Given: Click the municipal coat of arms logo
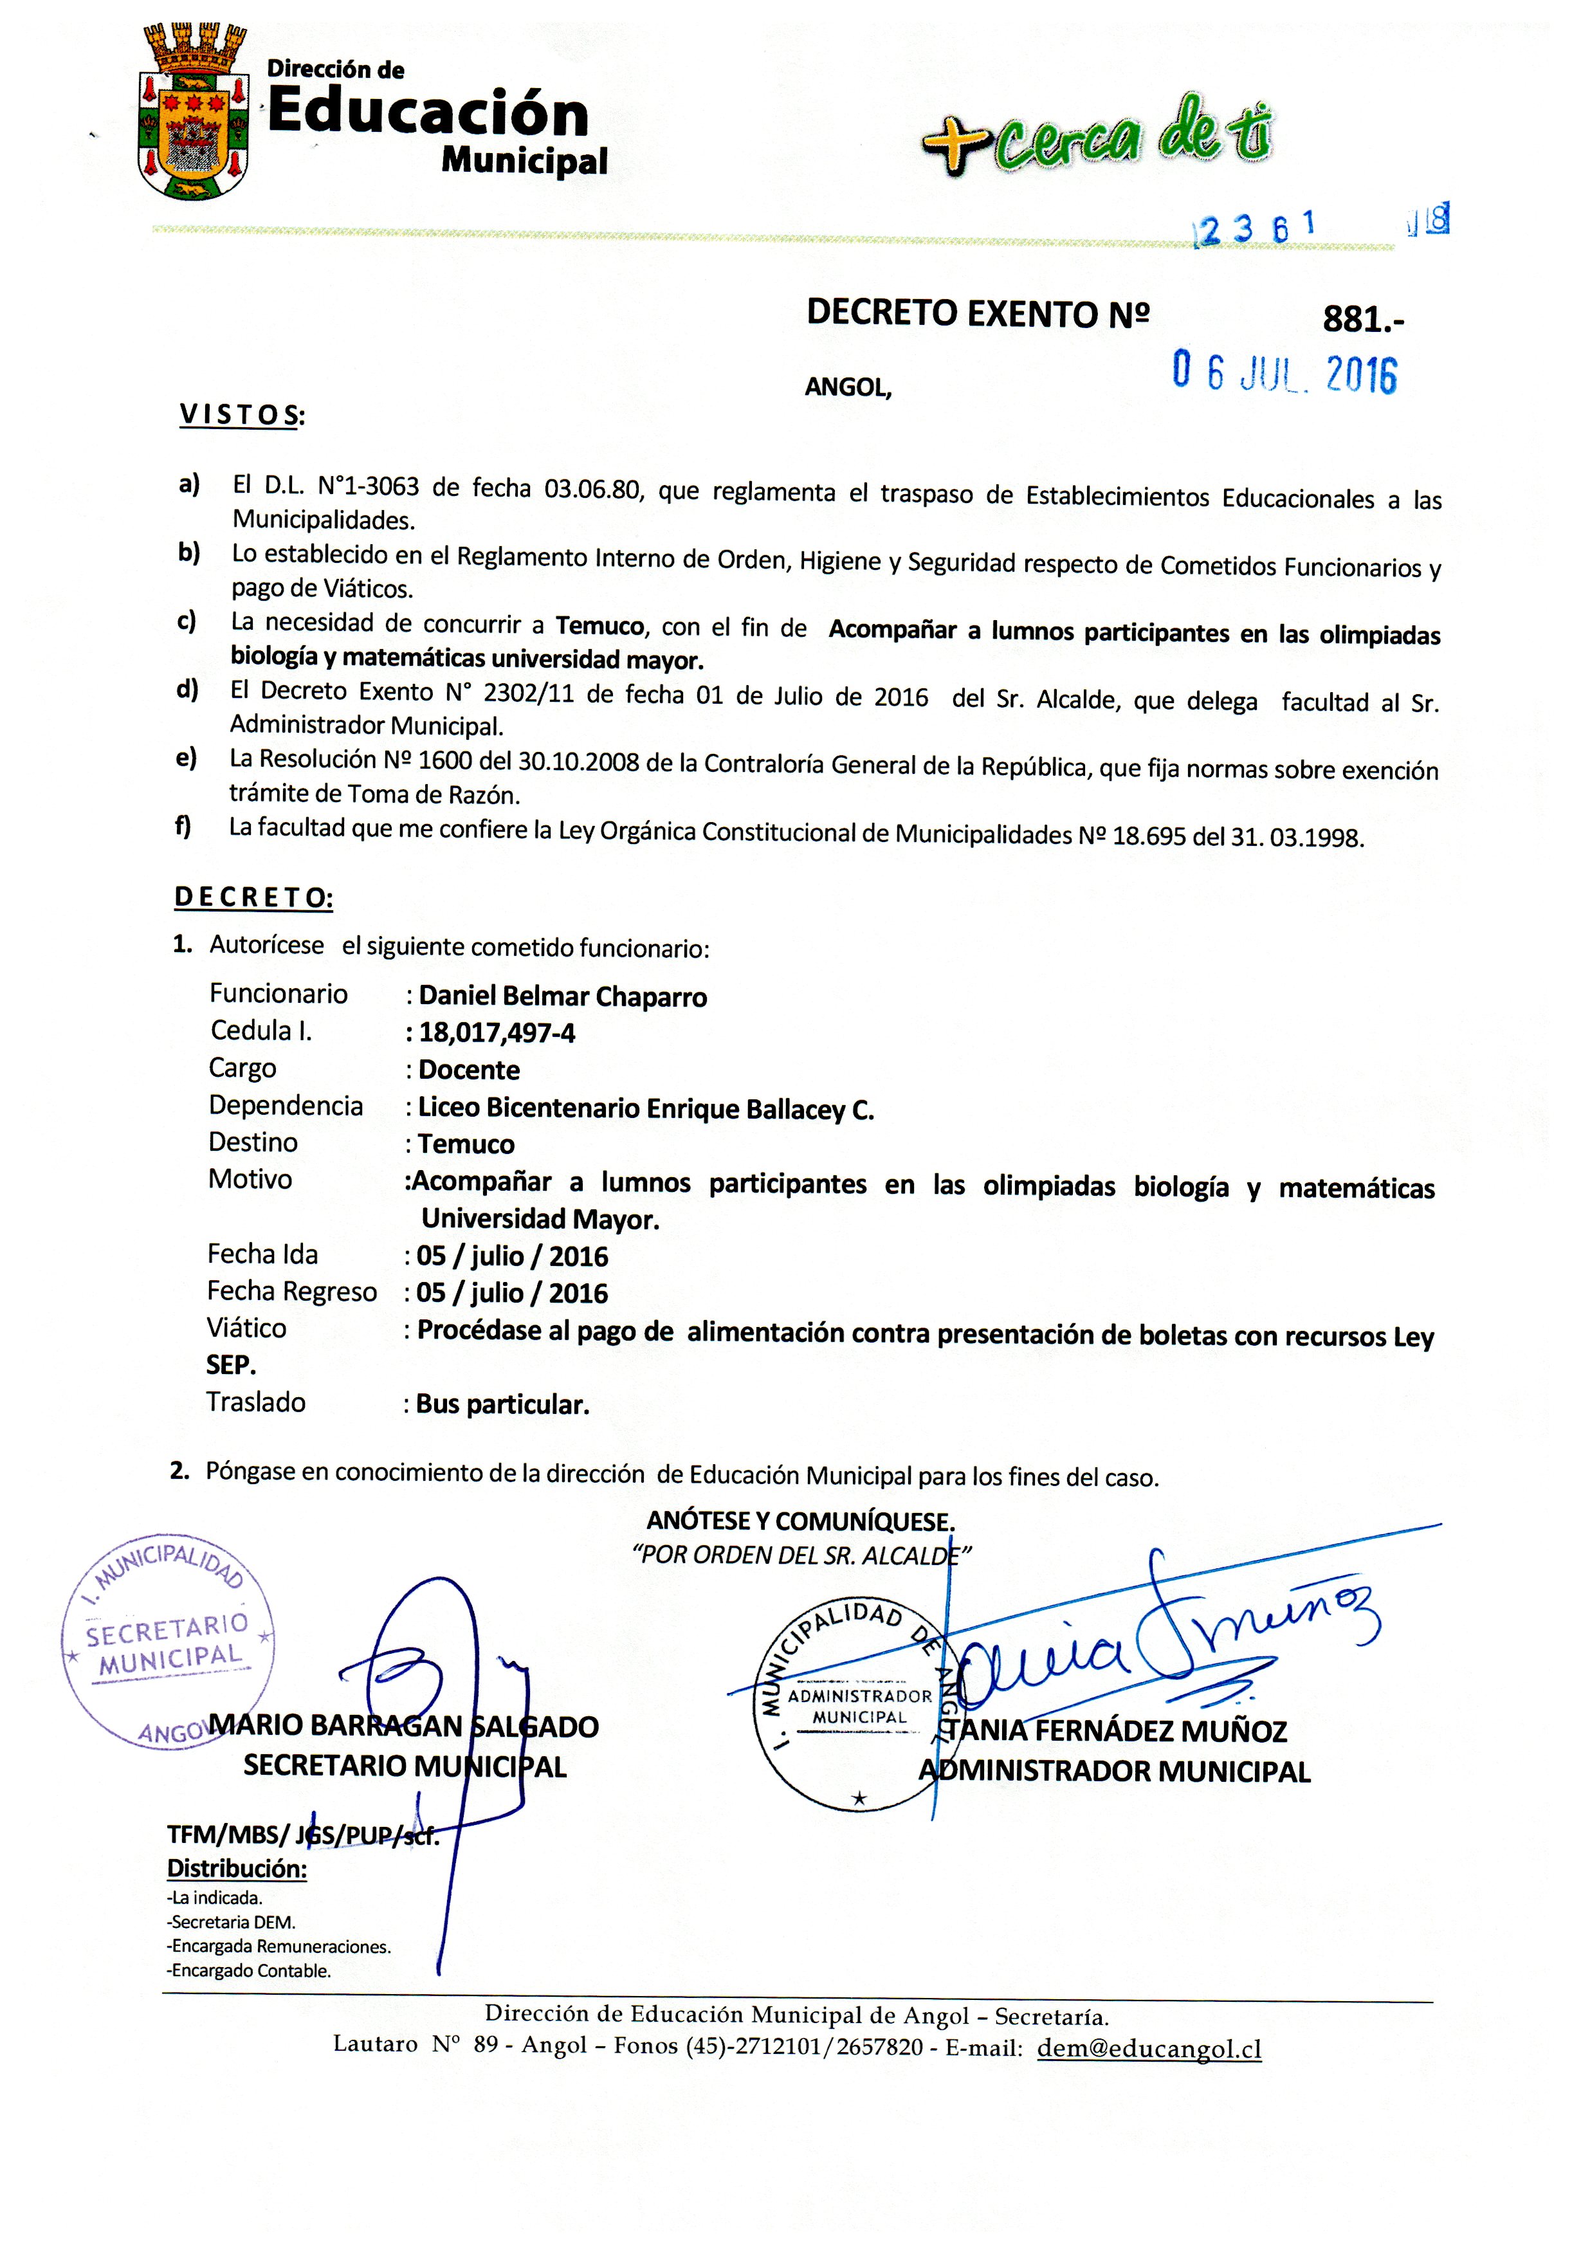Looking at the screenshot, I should pos(192,113).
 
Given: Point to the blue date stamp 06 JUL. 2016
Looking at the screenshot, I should pos(1284,373).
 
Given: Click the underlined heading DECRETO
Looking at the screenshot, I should pos(253,897).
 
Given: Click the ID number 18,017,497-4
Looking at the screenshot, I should pos(497,1032).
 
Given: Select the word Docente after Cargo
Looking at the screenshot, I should pos(468,1070).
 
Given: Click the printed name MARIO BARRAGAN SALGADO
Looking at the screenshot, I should pos(405,1727).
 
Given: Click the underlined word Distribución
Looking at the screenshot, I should pos(237,1869).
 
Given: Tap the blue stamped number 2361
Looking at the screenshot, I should pos(1254,228).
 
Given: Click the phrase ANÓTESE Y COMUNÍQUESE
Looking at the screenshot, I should pos(800,1522).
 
